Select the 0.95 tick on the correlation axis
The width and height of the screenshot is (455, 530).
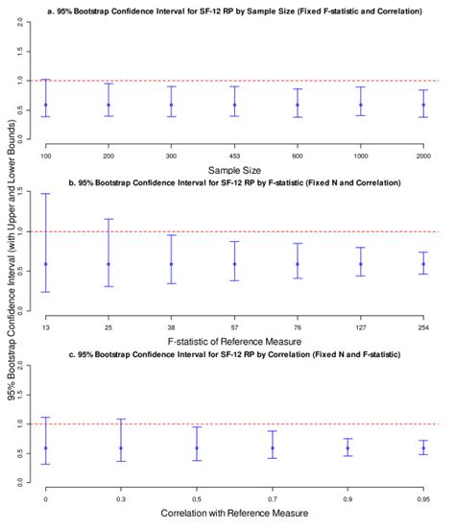pos(423,500)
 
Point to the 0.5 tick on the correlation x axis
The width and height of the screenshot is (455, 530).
pos(197,500)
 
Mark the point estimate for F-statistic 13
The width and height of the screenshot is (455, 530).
pos(45,264)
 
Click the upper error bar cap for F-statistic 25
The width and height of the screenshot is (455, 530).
pos(108,219)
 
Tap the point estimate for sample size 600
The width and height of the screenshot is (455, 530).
pos(298,105)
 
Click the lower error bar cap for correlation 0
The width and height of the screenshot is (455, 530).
pos(45,464)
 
